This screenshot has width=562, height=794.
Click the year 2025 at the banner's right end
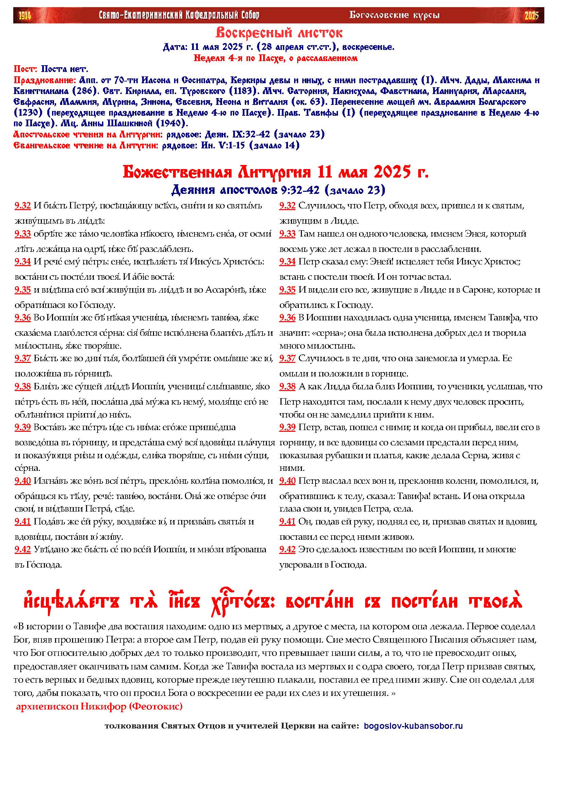point(532,16)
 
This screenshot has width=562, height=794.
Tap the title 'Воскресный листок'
point(279,33)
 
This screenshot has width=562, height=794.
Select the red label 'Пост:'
point(26,69)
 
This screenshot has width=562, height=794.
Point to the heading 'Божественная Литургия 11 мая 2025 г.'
point(276,172)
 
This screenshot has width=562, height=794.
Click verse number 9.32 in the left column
point(23,206)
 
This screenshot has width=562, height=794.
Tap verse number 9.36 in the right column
point(287,317)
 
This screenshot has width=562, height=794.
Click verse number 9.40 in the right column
point(287,481)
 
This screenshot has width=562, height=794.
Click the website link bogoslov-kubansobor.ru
point(413,726)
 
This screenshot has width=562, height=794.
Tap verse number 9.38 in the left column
point(23,386)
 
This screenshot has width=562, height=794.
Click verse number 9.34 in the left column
point(23,262)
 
